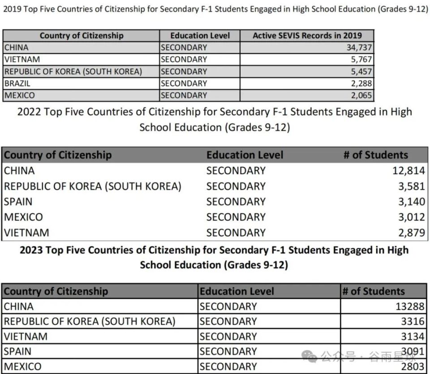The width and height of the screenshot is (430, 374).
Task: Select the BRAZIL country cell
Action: (17, 83)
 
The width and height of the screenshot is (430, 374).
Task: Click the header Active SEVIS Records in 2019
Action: (307, 36)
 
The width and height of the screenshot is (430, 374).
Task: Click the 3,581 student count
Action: (411, 186)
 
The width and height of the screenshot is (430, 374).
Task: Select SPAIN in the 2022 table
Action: (18, 201)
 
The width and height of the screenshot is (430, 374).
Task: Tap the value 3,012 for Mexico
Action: (411, 217)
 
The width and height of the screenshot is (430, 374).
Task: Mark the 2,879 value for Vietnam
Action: (411, 233)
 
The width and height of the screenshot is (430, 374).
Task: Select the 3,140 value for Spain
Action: (411, 201)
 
